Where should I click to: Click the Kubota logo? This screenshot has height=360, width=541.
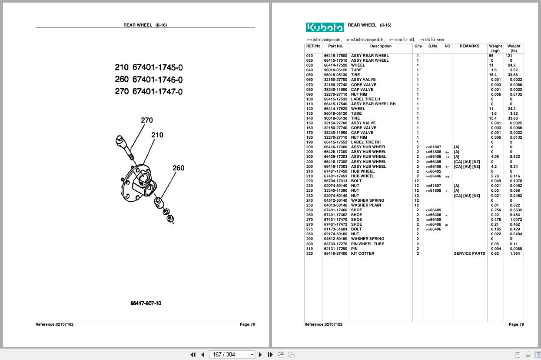pyautogui.click(x=325, y=27)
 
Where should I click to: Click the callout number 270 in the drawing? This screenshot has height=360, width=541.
pyautogui.click(x=146, y=120)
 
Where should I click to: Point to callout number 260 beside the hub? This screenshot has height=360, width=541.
pyautogui.click(x=178, y=168)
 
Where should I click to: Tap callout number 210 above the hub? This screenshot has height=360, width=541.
pyautogui.click(x=157, y=135)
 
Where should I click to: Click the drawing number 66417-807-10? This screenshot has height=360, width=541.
pyautogui.click(x=146, y=303)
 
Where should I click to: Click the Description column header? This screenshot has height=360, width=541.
pyautogui.click(x=381, y=46)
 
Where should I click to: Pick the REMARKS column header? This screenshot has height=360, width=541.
pyautogui.click(x=469, y=46)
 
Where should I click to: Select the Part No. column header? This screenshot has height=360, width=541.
pyautogui.click(x=335, y=46)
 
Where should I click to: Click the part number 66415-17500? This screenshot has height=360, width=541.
pyautogui.click(x=335, y=56)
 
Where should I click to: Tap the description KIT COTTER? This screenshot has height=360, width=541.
pyautogui.click(x=362, y=253)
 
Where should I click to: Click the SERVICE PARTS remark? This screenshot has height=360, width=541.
pyautogui.click(x=469, y=253)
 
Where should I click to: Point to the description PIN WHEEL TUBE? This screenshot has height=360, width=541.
pyautogui.click(x=367, y=244)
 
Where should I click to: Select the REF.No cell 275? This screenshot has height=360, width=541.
pyautogui.click(x=309, y=229)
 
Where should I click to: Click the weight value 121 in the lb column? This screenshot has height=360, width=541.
pyautogui.click(x=509, y=56)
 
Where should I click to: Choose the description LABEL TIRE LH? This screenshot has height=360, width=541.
pyautogui.click(x=365, y=99)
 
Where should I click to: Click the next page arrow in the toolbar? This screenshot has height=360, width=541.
pyautogui.click(x=260, y=355)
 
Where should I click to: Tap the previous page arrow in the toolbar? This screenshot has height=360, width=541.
pyautogui.click(x=203, y=355)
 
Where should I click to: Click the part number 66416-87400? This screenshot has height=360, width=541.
pyautogui.click(x=335, y=253)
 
